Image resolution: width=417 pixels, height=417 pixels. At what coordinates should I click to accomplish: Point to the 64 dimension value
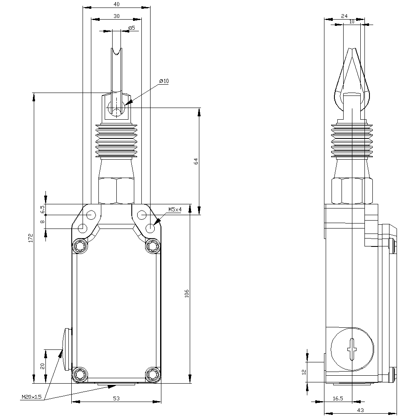[x=196, y=161]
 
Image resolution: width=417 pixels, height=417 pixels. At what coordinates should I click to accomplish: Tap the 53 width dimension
[x=116, y=399]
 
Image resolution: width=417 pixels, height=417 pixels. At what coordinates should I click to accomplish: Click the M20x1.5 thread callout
[x=32, y=397]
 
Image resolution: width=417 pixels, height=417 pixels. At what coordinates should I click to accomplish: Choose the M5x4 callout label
[x=175, y=209]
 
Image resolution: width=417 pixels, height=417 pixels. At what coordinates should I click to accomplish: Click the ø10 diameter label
[x=164, y=81]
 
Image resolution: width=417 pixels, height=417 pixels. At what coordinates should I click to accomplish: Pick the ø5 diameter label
[x=131, y=28]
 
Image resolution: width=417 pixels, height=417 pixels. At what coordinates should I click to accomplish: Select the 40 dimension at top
[x=116, y=4]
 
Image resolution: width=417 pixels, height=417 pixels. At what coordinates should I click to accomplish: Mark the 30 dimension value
[x=116, y=16]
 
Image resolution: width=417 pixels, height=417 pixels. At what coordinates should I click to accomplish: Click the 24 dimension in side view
[x=344, y=16]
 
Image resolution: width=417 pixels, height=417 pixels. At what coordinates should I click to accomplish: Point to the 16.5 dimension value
[x=338, y=399]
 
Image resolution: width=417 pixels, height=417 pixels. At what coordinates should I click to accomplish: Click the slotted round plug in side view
[x=352, y=347]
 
